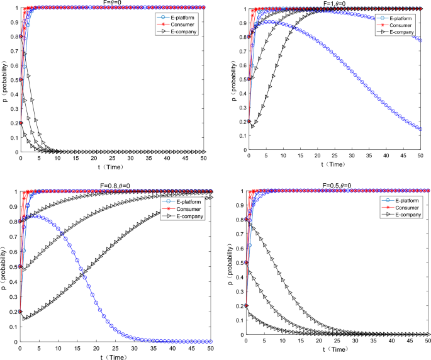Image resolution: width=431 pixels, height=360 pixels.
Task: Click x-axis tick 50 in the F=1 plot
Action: coord(421,155)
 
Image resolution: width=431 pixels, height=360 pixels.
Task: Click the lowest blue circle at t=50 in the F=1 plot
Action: coord(421,129)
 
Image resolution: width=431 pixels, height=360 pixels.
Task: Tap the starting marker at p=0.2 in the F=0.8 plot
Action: coord(20,311)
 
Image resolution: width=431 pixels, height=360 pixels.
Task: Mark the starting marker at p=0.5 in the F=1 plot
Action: coord(249,79)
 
